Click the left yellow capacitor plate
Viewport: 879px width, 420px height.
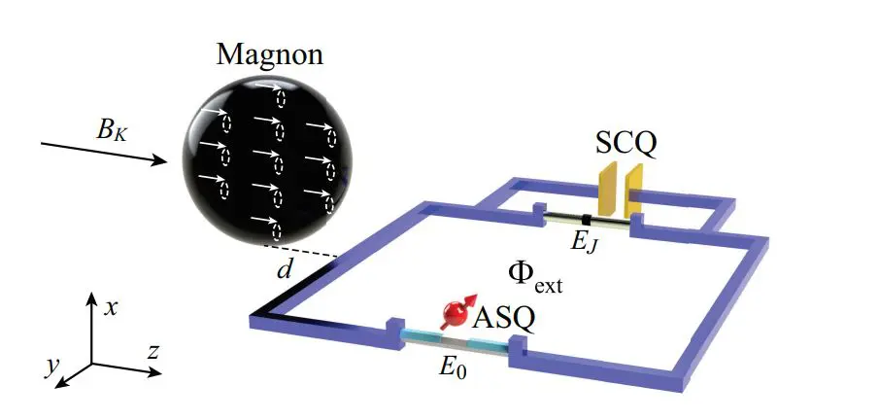[609, 189]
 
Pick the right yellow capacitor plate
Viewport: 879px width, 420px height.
[634, 190]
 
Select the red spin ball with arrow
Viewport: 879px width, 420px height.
[455, 313]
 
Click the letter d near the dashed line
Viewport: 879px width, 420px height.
[284, 271]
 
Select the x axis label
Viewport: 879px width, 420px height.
[112, 307]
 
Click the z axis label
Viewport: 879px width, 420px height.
[152, 351]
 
